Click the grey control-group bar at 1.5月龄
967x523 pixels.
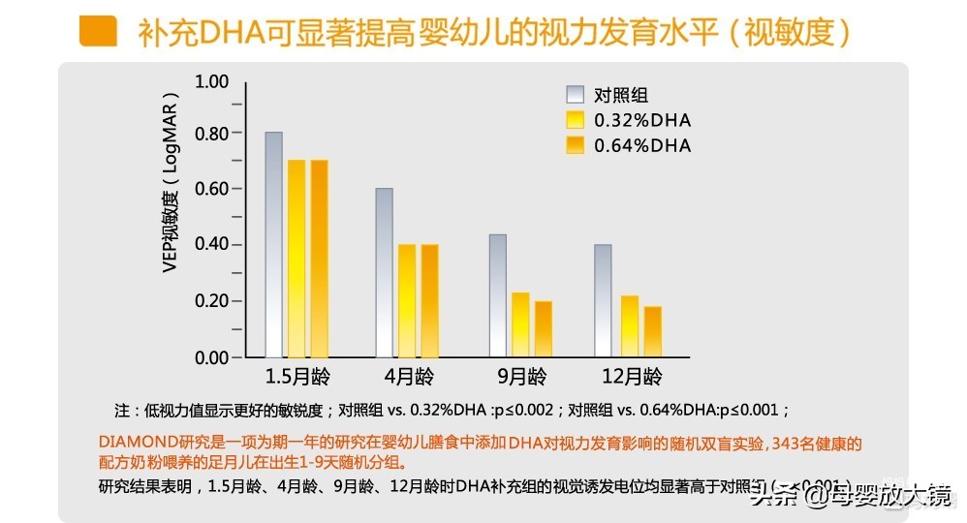pyautogui.click(x=273, y=245)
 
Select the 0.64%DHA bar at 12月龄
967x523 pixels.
pyautogui.click(x=652, y=332)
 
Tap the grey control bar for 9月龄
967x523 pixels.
pyautogui.click(x=497, y=295)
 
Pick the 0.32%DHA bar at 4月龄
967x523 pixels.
pyautogui.click(x=407, y=300)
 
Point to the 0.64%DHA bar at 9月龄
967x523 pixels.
pyautogui.click(x=543, y=329)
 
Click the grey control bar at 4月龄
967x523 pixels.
pyautogui.click(x=385, y=272)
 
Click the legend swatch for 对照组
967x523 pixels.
pyautogui.click(x=576, y=95)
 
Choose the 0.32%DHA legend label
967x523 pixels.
pyautogui.click(x=642, y=120)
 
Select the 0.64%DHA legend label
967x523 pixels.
pyautogui.click(x=642, y=145)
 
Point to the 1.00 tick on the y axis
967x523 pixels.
pyautogui.click(x=210, y=80)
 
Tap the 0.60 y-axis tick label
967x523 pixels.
pyautogui.click(x=210, y=189)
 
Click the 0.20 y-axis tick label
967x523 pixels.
pyautogui.click(x=210, y=301)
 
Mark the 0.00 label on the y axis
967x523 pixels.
pyautogui.click(x=210, y=357)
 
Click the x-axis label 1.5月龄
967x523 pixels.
pyautogui.click(x=296, y=376)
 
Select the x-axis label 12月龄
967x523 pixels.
pyautogui.click(x=628, y=376)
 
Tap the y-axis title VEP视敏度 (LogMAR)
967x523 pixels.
pyautogui.click(x=171, y=184)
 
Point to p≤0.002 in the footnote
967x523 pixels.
pyautogui.click(x=524, y=410)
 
